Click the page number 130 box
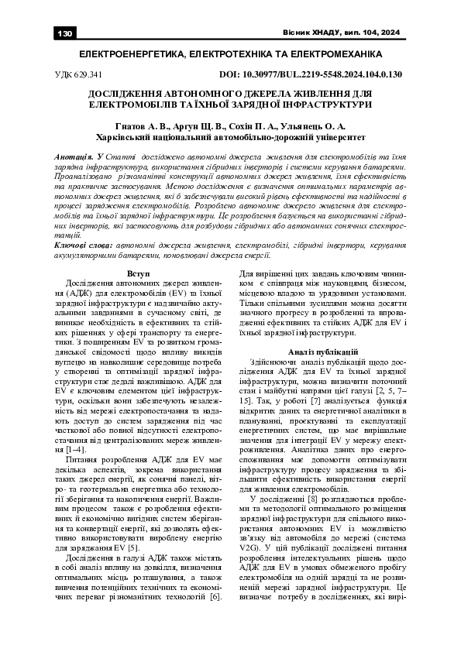point(64,33)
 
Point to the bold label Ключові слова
point(84,243)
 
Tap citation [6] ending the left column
point(215,597)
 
